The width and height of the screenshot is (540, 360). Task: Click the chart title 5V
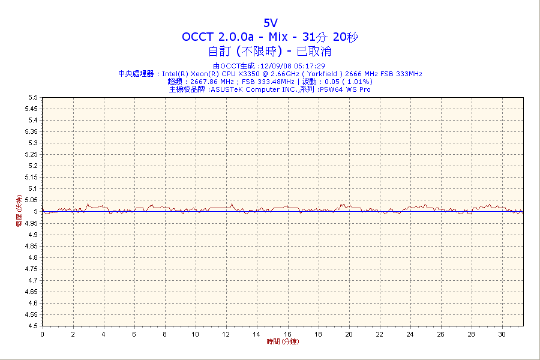point(271,23)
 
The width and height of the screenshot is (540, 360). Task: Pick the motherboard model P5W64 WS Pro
point(344,89)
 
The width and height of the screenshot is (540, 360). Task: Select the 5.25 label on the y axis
point(31,154)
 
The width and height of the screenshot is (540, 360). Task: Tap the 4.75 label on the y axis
point(31,269)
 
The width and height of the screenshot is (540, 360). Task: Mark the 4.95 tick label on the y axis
point(31,223)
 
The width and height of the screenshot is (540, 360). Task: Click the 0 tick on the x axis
point(42,334)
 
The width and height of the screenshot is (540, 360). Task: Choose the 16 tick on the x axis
point(287,334)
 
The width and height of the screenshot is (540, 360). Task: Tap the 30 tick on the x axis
point(502,334)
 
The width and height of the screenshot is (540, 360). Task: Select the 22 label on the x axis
point(379,334)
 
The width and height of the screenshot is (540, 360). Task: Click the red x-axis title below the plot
point(283,342)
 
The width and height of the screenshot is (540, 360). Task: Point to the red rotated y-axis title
point(19,211)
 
